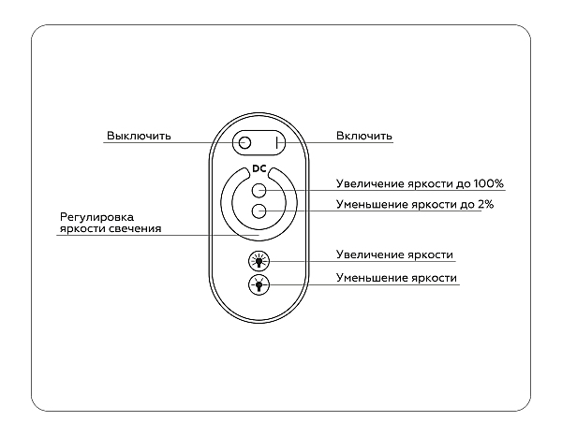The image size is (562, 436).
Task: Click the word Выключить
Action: tap(139, 136)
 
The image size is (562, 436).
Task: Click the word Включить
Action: tap(364, 136)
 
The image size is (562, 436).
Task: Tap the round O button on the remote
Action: tap(244, 143)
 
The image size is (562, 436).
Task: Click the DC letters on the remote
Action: tap(259, 168)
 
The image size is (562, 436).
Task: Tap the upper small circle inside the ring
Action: tap(259, 190)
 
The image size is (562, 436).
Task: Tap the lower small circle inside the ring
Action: tap(259, 211)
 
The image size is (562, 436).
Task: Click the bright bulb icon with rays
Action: tap(259, 261)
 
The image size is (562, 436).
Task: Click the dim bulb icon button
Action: tap(259, 285)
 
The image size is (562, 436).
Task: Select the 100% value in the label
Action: tap(489, 183)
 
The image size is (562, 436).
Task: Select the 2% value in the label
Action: tap(485, 204)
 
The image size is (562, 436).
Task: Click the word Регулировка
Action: tap(96, 217)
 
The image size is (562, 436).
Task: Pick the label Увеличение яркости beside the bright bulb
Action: tap(394, 254)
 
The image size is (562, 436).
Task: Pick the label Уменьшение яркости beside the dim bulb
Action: tap(396, 278)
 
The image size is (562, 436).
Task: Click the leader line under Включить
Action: tap(334, 143)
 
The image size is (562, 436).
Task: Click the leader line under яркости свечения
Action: tap(157, 235)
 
